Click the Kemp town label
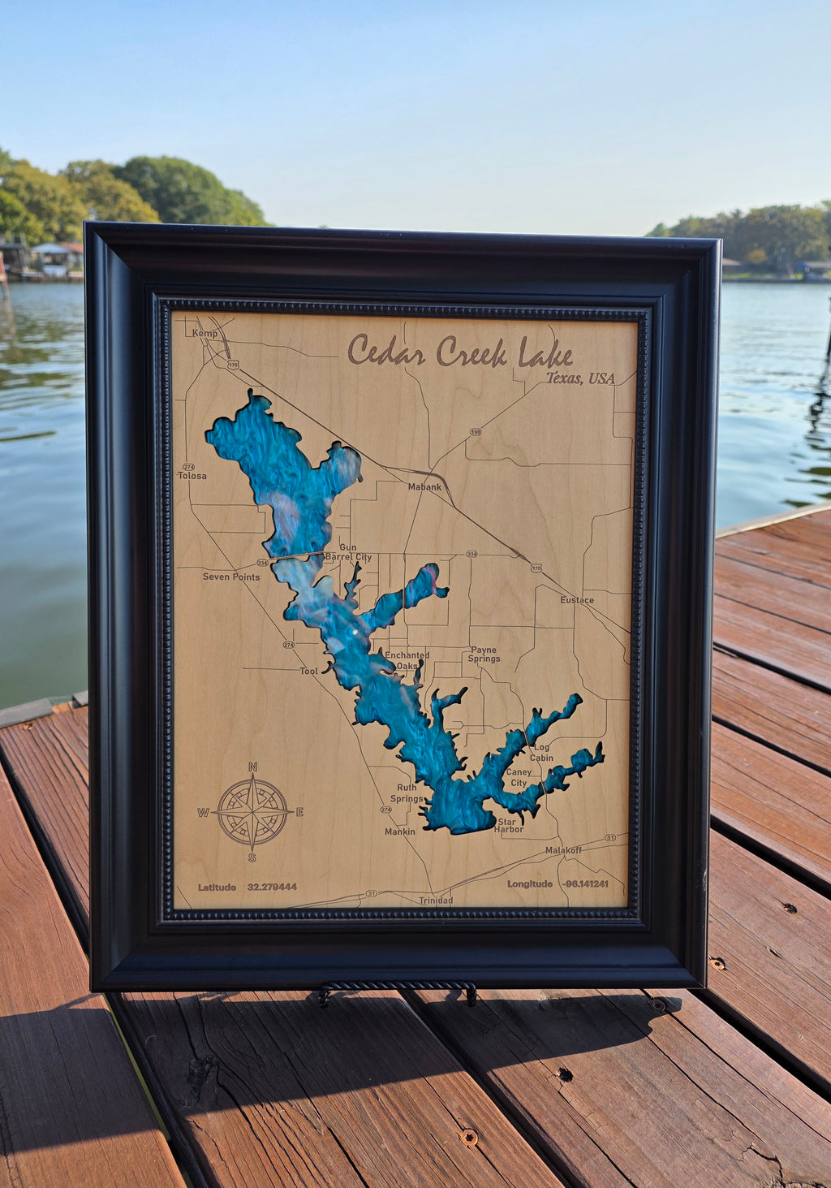[x=205, y=334]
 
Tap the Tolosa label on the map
[x=192, y=476]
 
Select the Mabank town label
[x=424, y=487]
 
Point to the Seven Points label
[x=231, y=577]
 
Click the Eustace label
[x=577, y=600]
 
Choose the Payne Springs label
[x=484, y=654]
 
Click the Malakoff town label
[x=563, y=850]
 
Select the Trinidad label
[x=436, y=901]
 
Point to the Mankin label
[x=400, y=832]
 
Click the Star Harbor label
[x=509, y=826]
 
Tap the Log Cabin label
[x=541, y=753]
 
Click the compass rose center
[x=252, y=811]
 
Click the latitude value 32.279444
[x=272, y=888]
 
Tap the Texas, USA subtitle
[x=579, y=378]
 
